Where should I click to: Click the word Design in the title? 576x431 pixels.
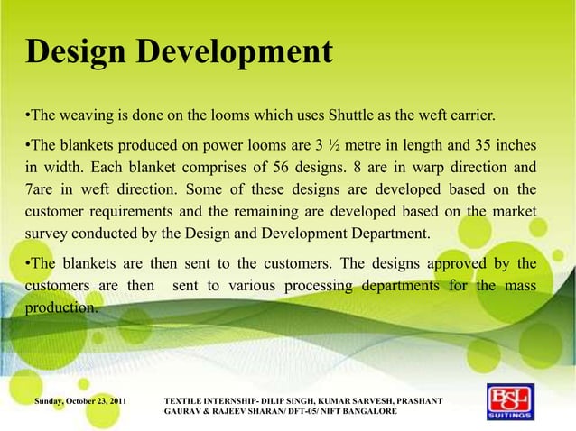pyautogui.click(x=76, y=52)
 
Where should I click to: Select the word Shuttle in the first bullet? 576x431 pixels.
pyautogui.click(x=354, y=116)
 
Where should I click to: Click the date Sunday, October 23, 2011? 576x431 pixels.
pyautogui.click(x=80, y=399)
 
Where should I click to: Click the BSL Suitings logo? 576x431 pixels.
pyautogui.click(x=510, y=403)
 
